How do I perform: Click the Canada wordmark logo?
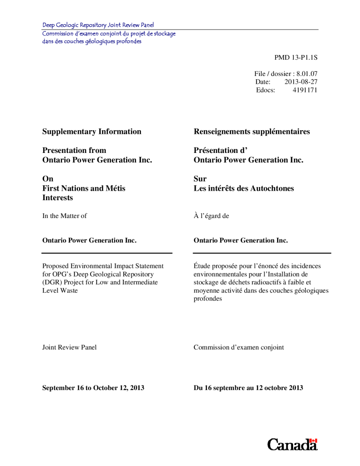(292, 444)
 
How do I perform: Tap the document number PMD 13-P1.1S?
(295, 57)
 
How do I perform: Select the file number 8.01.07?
(307, 73)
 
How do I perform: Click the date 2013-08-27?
(301, 82)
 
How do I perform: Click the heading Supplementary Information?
(91, 132)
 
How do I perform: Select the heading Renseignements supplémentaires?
(252, 132)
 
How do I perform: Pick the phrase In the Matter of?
(64, 216)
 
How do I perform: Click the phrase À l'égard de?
(211, 216)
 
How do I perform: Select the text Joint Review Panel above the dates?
(69, 347)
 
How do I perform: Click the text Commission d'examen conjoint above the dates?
(238, 347)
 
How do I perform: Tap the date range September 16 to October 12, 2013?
(93, 388)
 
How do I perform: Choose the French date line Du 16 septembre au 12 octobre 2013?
(248, 388)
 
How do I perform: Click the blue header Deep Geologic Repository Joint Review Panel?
(98, 25)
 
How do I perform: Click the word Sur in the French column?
(200, 179)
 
